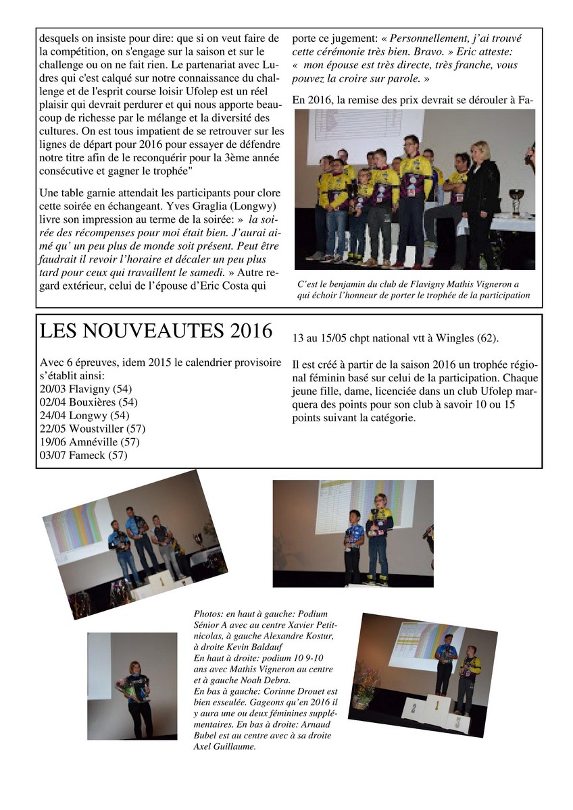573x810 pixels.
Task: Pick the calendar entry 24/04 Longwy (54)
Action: [84, 416]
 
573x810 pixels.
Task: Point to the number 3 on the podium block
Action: [457, 722]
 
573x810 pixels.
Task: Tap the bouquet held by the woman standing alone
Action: [133, 687]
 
